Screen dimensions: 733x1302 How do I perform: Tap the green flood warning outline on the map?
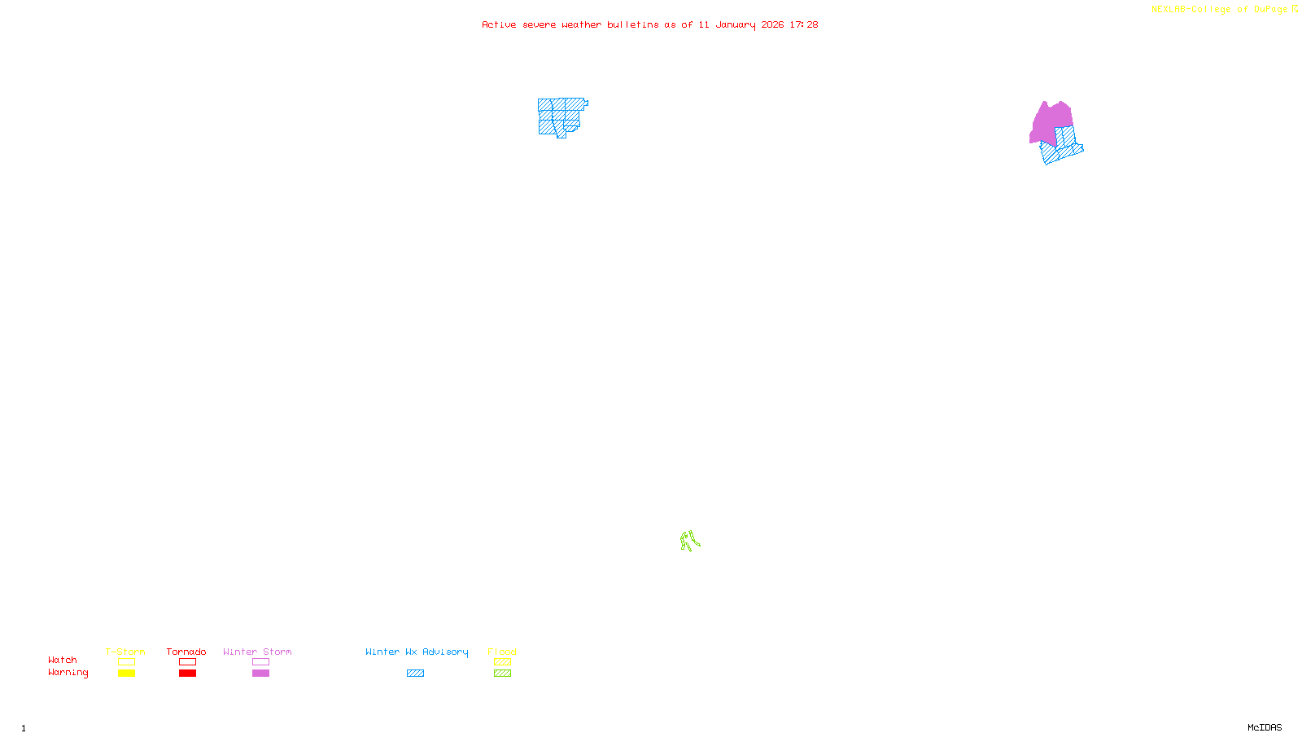tap(689, 541)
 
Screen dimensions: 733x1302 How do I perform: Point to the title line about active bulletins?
tap(649, 25)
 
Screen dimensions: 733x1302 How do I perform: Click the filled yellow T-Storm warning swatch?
tap(126, 674)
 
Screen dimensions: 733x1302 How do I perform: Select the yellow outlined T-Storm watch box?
tap(126, 662)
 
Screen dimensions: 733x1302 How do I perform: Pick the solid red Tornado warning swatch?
tap(187, 674)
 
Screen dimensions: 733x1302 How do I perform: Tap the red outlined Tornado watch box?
tap(187, 662)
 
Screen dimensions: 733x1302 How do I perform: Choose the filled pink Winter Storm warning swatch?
tap(260, 674)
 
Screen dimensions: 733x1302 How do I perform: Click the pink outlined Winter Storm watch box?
tap(260, 662)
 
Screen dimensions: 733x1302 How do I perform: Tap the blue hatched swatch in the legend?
tap(415, 674)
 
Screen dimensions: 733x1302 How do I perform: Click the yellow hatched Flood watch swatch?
tap(502, 662)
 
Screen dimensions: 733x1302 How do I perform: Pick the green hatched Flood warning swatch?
tap(502, 674)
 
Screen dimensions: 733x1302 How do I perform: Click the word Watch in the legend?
tap(63, 661)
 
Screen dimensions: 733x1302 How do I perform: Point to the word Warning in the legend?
tap(68, 673)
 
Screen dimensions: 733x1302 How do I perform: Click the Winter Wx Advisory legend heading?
tap(417, 652)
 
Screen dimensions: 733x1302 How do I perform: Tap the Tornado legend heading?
tap(186, 652)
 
